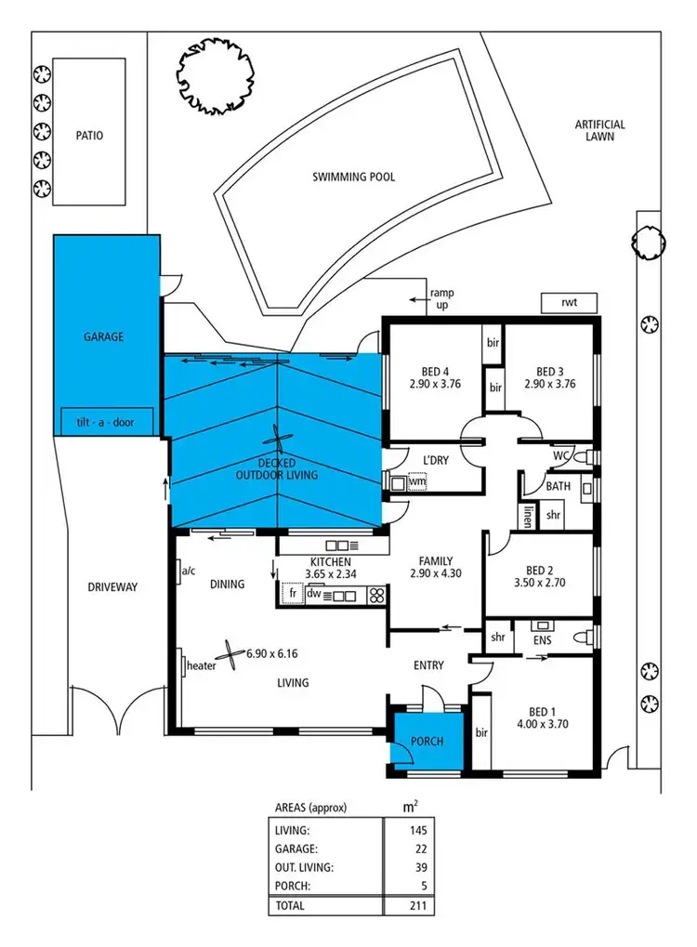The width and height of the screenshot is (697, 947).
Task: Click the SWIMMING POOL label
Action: (353, 177)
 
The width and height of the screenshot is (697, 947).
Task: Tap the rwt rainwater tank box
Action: (569, 303)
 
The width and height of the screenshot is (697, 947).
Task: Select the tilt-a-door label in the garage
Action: (103, 422)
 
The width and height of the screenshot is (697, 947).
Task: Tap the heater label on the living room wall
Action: (202, 665)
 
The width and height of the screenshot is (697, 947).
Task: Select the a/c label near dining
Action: (189, 570)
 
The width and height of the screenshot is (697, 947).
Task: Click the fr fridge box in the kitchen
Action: (292, 593)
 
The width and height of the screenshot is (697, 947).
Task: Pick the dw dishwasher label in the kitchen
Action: (314, 593)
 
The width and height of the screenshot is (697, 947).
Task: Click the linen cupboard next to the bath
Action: (526, 517)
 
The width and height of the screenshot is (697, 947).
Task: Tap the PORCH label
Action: (426, 742)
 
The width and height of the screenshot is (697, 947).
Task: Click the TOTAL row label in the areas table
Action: (290, 904)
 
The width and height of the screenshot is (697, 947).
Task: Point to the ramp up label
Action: (441, 298)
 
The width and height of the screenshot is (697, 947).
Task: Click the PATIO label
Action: (89, 135)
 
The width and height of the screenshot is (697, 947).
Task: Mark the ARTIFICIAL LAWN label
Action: (599, 130)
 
